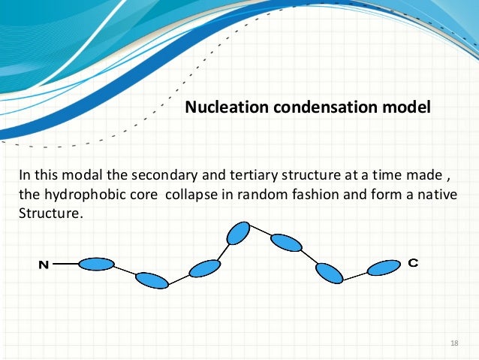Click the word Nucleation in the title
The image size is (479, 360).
point(220,107)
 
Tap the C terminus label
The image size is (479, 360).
point(413,263)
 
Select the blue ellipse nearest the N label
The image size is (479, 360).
point(96,264)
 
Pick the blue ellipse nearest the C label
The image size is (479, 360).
point(384,268)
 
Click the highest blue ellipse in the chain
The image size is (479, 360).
point(238,233)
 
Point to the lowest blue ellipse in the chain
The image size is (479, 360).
point(152,280)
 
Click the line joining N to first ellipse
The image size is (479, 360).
point(65,264)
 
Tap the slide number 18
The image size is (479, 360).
point(453,343)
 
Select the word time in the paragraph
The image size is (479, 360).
point(393,176)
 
